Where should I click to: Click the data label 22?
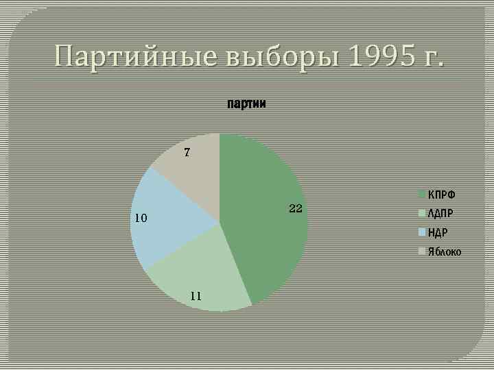[x=296, y=208]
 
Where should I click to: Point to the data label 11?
[x=196, y=296]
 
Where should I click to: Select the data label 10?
[x=141, y=219]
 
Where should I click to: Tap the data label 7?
[x=186, y=152]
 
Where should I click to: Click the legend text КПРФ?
[x=441, y=195]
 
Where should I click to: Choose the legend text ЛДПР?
[x=441, y=213]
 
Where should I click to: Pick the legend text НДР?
[x=438, y=232]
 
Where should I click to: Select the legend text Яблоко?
[x=445, y=251]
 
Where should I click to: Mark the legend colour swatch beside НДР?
[x=423, y=232]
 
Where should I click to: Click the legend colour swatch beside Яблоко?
[x=423, y=251]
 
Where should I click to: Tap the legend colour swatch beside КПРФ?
[x=423, y=195]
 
